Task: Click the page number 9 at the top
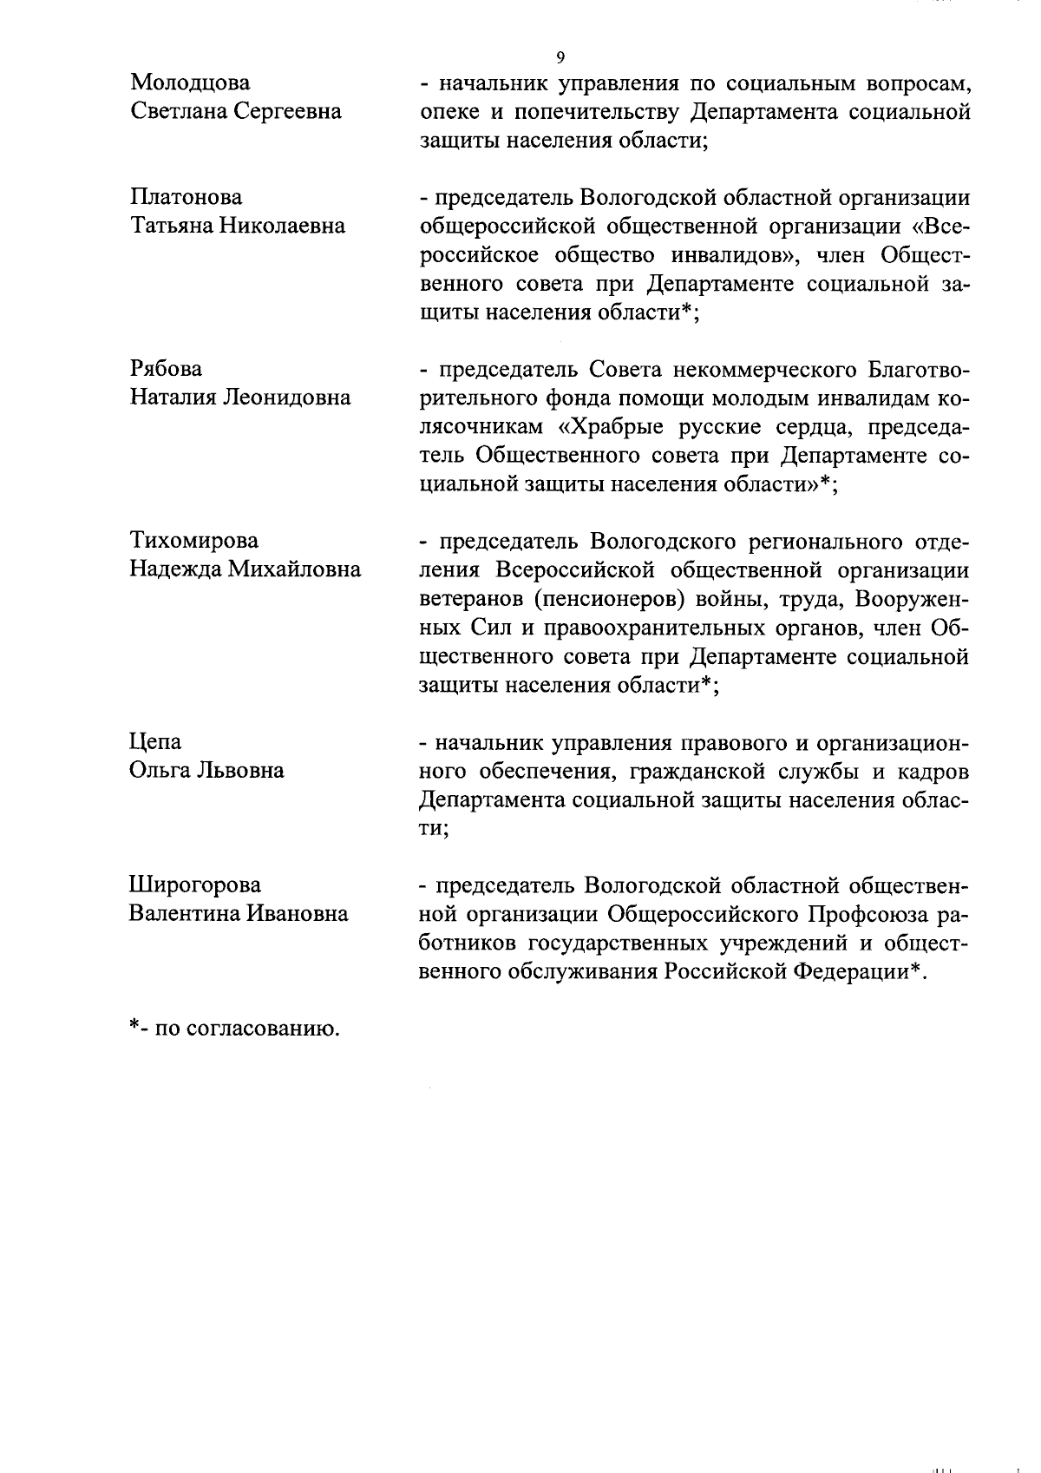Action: tap(560, 57)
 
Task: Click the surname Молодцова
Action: tap(189, 83)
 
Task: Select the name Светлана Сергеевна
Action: tap(236, 112)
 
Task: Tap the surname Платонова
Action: tap(186, 197)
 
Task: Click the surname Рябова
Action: tap(166, 369)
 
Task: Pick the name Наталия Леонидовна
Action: tap(240, 398)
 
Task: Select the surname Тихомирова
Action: tap(193, 541)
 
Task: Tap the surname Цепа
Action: tap(155, 742)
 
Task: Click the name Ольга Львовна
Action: tap(206, 771)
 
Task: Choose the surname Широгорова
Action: tap(194, 885)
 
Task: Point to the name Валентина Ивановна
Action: tap(239, 914)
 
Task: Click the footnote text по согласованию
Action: tap(246, 1029)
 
